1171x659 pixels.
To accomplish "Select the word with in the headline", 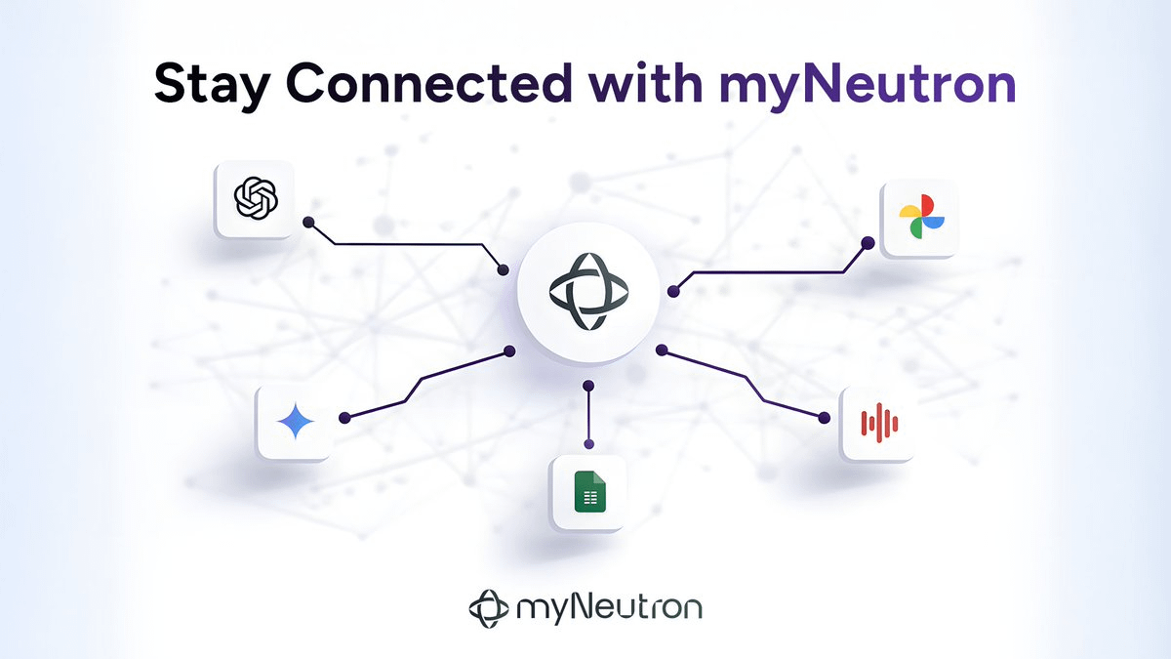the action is [645, 85].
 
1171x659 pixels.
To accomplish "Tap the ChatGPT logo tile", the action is [256, 200].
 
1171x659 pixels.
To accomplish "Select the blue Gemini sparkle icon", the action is [295, 422].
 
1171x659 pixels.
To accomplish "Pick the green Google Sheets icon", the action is [587, 492].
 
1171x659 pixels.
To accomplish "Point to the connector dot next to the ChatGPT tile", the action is [308, 223].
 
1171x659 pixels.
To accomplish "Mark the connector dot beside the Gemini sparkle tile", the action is [343, 419].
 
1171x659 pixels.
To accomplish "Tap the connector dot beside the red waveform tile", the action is [825, 418].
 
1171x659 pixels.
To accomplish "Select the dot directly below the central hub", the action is [587, 386].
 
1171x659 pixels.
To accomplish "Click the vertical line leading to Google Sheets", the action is [587, 420].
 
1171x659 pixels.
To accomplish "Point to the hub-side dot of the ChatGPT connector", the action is [504, 269].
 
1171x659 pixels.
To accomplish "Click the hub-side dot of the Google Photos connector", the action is [672, 290].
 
